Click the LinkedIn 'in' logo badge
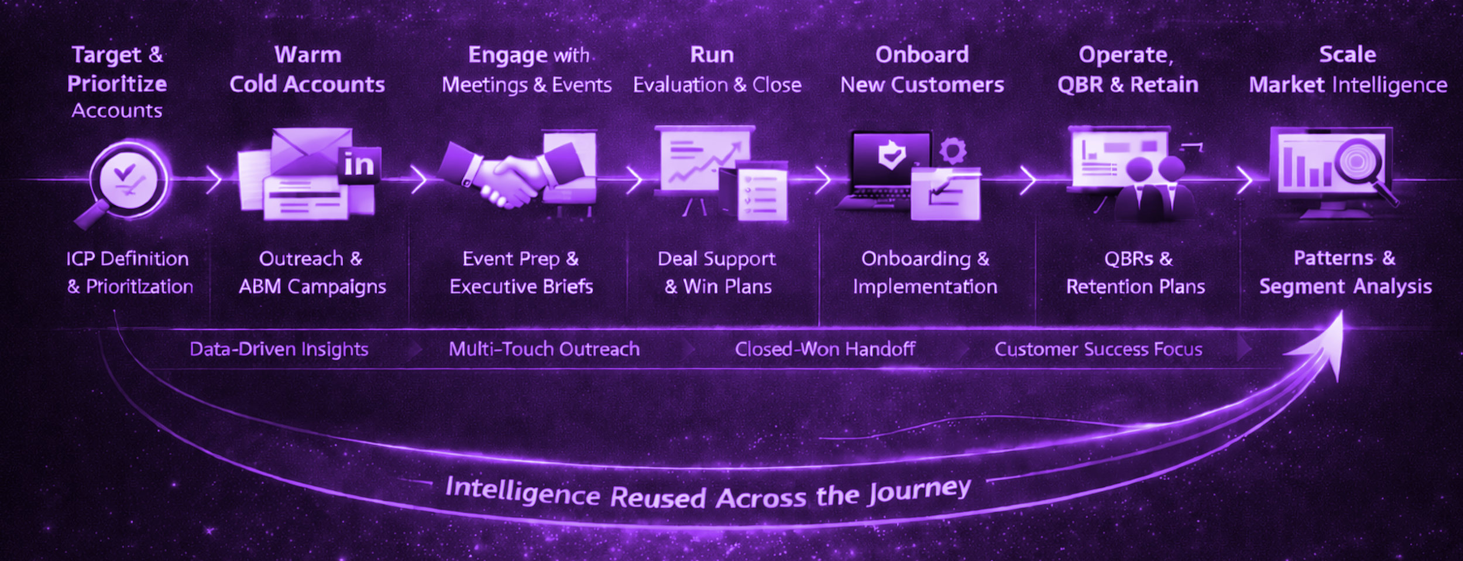(359, 165)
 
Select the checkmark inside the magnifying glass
(125, 173)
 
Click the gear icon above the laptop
(952, 151)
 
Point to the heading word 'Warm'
(308, 55)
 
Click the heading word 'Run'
(712, 55)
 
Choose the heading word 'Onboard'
(922, 55)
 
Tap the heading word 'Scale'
(1347, 54)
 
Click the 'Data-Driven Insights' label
(279, 350)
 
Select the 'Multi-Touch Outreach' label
(544, 350)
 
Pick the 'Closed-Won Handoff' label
(825, 350)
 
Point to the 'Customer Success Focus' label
(1098, 350)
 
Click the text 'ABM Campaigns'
(312, 287)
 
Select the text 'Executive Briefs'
(521, 287)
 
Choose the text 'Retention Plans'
(1135, 287)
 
